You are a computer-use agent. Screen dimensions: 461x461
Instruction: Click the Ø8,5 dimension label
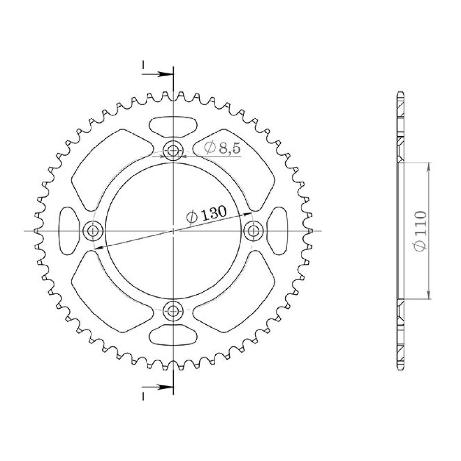(x=222, y=148)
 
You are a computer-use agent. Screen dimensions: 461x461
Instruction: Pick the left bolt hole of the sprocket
(x=92, y=230)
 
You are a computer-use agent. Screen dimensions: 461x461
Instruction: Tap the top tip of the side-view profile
(x=400, y=92)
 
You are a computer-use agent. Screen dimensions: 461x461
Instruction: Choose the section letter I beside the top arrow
(x=143, y=65)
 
